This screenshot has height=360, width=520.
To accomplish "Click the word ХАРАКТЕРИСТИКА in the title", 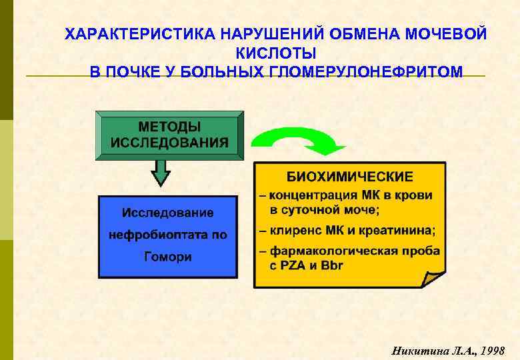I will click(124, 34).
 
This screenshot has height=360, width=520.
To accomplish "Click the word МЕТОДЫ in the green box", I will click(169, 126).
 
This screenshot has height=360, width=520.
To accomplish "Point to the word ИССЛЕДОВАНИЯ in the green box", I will click(169, 142).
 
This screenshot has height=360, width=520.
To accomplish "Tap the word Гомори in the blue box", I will click(168, 257).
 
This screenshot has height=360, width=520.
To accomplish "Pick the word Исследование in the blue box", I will click(168, 213).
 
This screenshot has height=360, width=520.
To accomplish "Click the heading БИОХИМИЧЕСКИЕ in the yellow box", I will click(349, 177).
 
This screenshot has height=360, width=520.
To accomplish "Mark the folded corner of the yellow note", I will click(433, 277).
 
